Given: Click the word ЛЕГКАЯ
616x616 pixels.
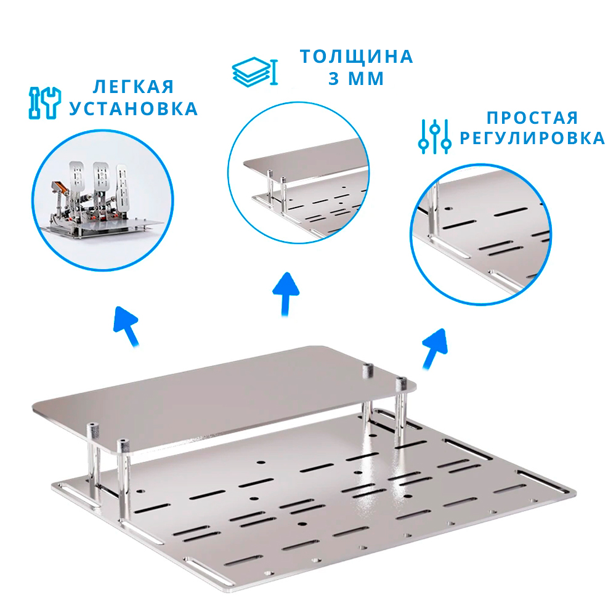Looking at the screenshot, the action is pyautogui.click(x=133, y=87).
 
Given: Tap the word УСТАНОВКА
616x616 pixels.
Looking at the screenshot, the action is pyautogui.click(x=134, y=109).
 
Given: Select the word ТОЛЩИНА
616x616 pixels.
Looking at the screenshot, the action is pyautogui.click(x=356, y=57).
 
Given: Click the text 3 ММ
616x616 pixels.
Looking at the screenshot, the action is pyautogui.click(x=356, y=79).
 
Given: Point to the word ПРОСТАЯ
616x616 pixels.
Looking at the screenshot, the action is pyautogui.click(x=532, y=118).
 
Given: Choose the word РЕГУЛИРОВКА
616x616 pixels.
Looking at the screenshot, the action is pyautogui.click(x=532, y=138).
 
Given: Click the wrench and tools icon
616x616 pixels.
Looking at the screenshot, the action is pyautogui.click(x=45, y=103).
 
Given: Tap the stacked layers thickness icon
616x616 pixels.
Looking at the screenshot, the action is pyautogui.click(x=255, y=72).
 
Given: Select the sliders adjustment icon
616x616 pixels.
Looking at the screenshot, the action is pyautogui.click(x=434, y=136).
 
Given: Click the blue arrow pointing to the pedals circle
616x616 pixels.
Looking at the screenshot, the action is pyautogui.click(x=126, y=326).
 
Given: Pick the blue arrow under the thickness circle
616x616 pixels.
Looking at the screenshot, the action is pyautogui.click(x=286, y=294).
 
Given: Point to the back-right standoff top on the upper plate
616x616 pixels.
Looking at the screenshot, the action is pyautogui.click(x=368, y=367).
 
